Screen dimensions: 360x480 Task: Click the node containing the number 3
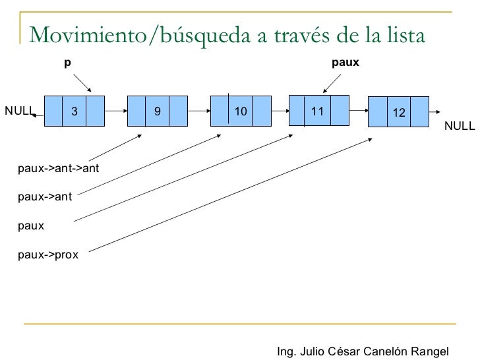(x=75, y=111)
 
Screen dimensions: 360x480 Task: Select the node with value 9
(x=158, y=111)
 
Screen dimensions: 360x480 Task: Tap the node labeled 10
(x=240, y=111)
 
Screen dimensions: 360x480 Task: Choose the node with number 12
(x=398, y=113)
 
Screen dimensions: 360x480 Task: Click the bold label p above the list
(x=67, y=63)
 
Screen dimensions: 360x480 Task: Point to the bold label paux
(x=344, y=63)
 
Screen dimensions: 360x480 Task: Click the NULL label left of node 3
(x=19, y=110)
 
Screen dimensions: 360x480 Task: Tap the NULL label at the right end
(x=459, y=125)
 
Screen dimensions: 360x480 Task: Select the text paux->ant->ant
(x=59, y=168)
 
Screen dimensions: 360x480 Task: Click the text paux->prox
(x=48, y=255)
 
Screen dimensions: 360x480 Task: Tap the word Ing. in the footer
(x=287, y=350)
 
